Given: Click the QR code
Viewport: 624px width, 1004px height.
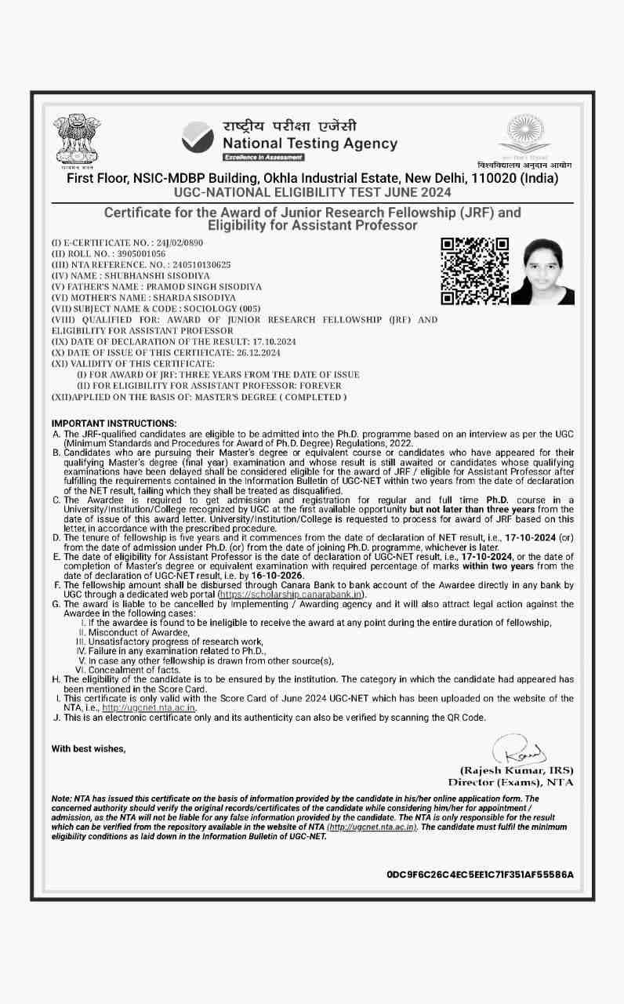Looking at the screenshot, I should [475, 271].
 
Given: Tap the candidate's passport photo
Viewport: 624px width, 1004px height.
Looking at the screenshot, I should [542, 271].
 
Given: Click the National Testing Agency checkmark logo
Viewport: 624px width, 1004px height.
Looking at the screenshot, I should [197, 137].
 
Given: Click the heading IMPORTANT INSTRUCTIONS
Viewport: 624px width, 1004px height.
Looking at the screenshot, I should [114, 424].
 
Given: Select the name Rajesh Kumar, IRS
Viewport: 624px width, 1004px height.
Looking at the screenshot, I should [516, 770].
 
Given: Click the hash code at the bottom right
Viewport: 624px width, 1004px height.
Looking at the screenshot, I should [480, 874].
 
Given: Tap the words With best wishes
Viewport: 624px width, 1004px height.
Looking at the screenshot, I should [88, 748].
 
